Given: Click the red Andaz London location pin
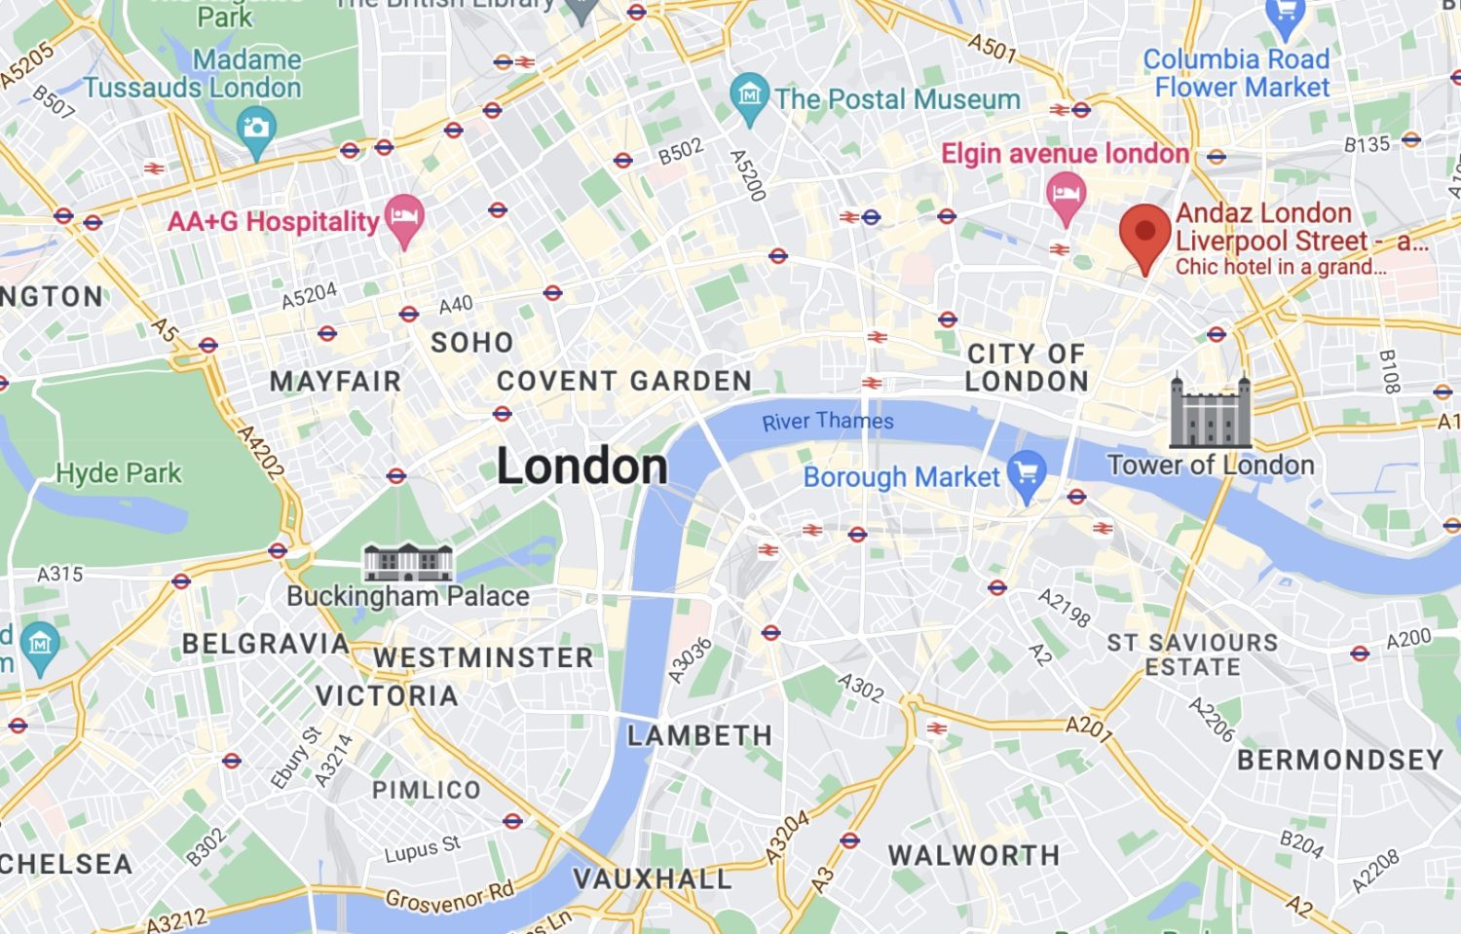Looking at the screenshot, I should tap(1144, 234).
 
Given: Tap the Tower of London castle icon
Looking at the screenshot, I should tap(1210, 412).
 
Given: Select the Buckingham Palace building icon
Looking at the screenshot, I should tap(407, 562).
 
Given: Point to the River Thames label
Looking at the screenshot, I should tap(827, 421).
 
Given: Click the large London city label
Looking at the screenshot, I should tap(581, 466).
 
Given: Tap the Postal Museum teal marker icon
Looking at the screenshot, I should tap(749, 96).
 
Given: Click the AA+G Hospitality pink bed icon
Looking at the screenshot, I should tap(404, 218).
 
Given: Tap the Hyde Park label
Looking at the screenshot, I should tap(118, 473).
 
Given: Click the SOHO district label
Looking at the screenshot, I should tap(472, 343).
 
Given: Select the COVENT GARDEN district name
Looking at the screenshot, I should tap(624, 381).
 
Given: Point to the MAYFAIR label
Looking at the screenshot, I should tap(335, 381).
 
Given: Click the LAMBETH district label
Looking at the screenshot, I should tap(699, 735).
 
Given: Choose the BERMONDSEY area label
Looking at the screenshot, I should tap(1340, 760).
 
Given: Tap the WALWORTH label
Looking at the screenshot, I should tap(973, 855).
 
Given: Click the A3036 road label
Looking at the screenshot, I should tap(690, 660).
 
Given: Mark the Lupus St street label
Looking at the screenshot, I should tap(422, 849).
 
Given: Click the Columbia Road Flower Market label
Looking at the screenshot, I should tap(1237, 73).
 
